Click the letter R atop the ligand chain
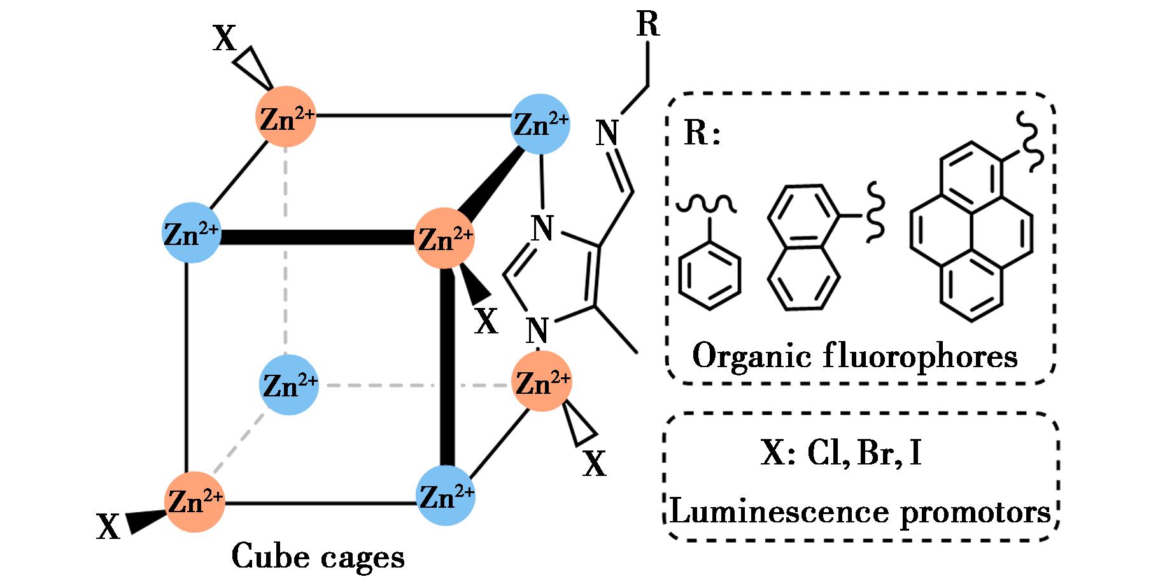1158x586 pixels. pyautogui.click(x=647, y=25)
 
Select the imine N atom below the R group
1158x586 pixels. pyautogui.click(x=607, y=134)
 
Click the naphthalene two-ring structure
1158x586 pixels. pyautogui.click(x=803, y=248)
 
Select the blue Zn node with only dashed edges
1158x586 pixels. pyautogui.click(x=289, y=385)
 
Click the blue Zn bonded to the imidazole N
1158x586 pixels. pyautogui.click(x=540, y=124)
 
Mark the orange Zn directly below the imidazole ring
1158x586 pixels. pyautogui.click(x=542, y=382)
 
